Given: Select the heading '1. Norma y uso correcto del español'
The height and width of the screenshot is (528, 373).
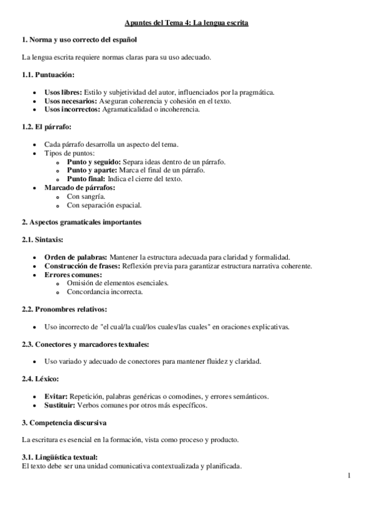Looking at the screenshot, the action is (x=79, y=40).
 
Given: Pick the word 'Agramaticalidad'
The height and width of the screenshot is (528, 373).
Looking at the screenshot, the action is (x=130, y=109).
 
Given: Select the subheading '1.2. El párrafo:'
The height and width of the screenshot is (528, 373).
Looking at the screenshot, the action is (x=45, y=127).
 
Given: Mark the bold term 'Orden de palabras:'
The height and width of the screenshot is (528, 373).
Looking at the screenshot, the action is (x=76, y=257).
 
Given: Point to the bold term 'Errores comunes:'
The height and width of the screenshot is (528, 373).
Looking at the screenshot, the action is (x=73, y=275).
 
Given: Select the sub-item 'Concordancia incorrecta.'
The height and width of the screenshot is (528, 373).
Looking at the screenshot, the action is (x=105, y=291).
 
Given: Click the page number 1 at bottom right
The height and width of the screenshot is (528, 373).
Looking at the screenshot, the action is (x=349, y=476).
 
